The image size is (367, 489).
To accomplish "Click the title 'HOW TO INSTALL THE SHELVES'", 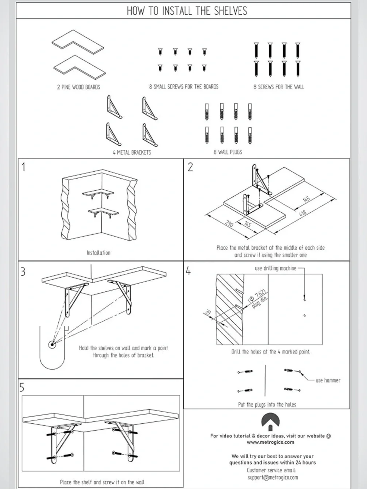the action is (187, 11).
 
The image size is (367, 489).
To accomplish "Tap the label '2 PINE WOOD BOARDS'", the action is (79, 87).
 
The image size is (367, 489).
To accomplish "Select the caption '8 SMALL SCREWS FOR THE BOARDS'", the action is (184, 87).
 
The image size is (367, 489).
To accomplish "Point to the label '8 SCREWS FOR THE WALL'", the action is (279, 87).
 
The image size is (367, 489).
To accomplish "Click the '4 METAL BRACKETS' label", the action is (132, 152).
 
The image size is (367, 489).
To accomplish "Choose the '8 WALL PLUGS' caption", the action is (228, 152).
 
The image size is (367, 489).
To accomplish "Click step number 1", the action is (23, 167).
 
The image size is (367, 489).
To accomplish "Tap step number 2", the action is (190, 167).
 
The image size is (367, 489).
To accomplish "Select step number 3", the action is (23, 271).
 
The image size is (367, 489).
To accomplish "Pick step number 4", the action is (188, 271).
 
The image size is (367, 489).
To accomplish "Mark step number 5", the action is (22, 387).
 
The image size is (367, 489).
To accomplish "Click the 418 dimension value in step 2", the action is (303, 214).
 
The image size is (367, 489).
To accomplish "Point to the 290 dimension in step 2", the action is (229, 223).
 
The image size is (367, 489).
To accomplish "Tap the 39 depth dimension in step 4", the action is (207, 312).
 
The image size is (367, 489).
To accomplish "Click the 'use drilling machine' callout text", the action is (275, 268).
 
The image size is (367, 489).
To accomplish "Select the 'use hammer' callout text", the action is (328, 380).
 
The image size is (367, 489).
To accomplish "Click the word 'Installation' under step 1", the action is (98, 253).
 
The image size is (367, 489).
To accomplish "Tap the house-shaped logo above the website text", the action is (270, 422).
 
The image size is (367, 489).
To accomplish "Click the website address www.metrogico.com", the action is (270, 442).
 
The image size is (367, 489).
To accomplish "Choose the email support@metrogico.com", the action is (273, 477).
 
